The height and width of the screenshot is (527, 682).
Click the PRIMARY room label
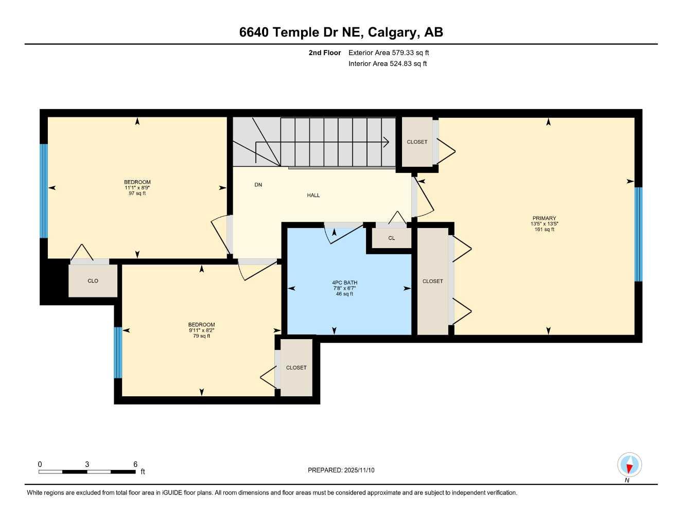[x=544, y=218]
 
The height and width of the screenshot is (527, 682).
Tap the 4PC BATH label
[x=344, y=283]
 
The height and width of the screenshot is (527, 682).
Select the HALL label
[x=313, y=196]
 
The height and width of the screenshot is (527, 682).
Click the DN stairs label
[x=258, y=185]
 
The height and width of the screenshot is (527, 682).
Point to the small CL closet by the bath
[x=391, y=238]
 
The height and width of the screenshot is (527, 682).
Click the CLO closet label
[x=93, y=281]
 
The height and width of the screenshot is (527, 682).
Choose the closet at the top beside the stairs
[x=417, y=142]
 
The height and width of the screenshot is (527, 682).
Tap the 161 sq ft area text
[x=544, y=230]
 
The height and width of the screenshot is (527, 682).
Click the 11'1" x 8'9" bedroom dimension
[x=137, y=188]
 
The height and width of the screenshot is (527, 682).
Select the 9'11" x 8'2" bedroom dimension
[x=201, y=330]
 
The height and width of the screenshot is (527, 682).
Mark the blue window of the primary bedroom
[x=638, y=234]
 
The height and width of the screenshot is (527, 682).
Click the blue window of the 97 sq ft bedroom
[x=44, y=191]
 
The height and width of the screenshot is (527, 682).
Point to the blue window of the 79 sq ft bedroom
[x=118, y=353]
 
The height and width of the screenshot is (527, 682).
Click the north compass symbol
[x=629, y=465]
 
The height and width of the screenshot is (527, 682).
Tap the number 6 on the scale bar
[x=135, y=464]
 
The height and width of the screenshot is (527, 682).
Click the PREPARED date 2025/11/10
[x=359, y=470]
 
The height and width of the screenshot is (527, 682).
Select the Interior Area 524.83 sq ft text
[x=387, y=64]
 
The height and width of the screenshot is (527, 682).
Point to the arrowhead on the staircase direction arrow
[x=386, y=142]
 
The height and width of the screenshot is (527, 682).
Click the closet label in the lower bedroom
[x=296, y=368]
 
